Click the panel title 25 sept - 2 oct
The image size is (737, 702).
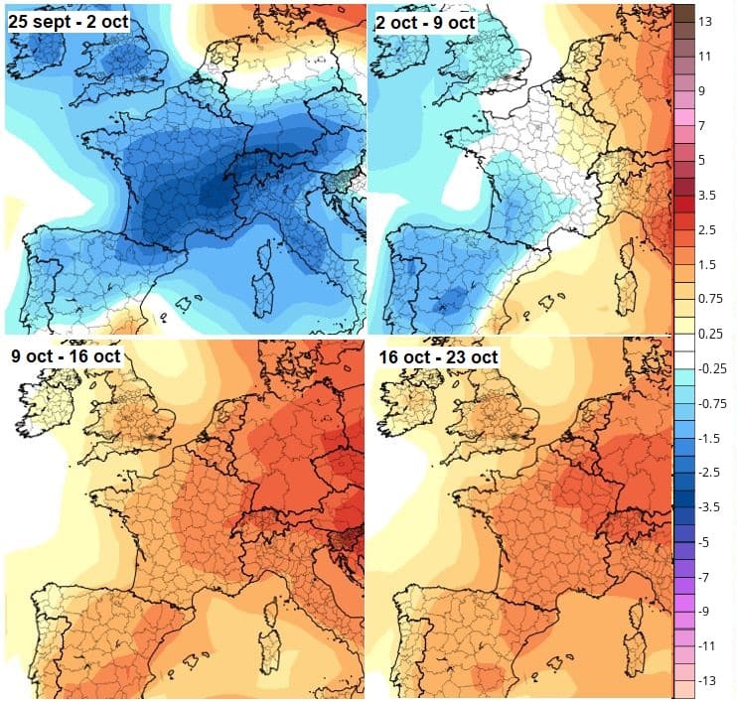(68, 20)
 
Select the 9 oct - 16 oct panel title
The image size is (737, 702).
(66, 354)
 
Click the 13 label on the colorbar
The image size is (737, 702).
(706, 21)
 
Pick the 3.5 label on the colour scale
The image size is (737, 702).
(707, 196)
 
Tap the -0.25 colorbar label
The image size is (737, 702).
(710, 369)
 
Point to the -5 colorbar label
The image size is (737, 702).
(704, 543)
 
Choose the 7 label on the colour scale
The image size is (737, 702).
(702, 126)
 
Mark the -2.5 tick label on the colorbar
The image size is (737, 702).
(707, 474)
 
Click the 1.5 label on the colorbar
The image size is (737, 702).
(707, 265)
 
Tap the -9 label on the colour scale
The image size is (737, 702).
(704, 612)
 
